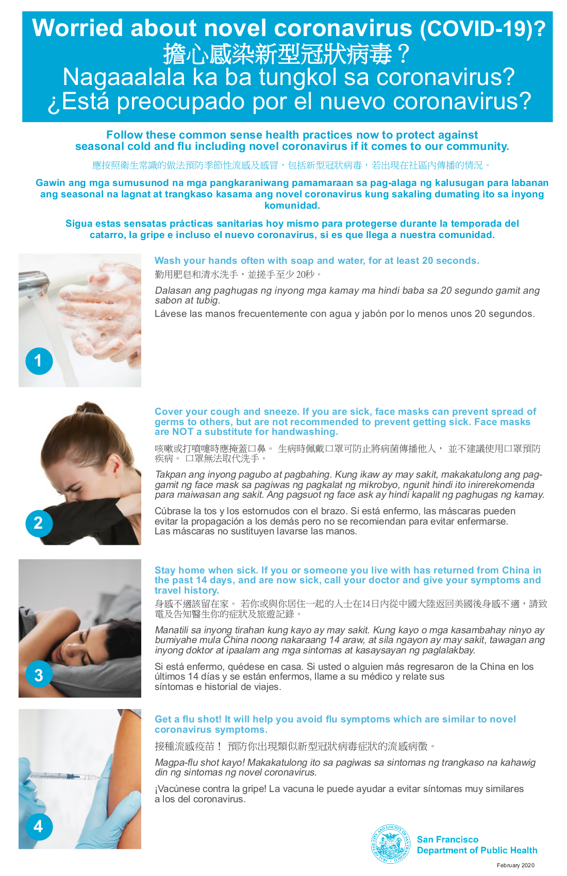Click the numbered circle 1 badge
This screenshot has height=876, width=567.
(x=39, y=361)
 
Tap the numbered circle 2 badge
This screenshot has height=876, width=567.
(x=39, y=523)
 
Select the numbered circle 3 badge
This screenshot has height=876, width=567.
(x=39, y=675)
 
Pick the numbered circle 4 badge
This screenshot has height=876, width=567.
(x=39, y=827)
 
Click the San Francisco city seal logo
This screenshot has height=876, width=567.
(x=390, y=845)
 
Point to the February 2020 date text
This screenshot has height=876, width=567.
(x=515, y=865)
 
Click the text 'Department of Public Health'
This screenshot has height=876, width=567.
(x=477, y=850)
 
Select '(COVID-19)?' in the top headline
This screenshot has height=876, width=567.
(x=482, y=29)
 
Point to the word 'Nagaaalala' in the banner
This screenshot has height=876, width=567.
(x=124, y=78)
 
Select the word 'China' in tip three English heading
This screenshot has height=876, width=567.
(x=515, y=570)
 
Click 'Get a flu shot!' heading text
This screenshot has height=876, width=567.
(x=188, y=719)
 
